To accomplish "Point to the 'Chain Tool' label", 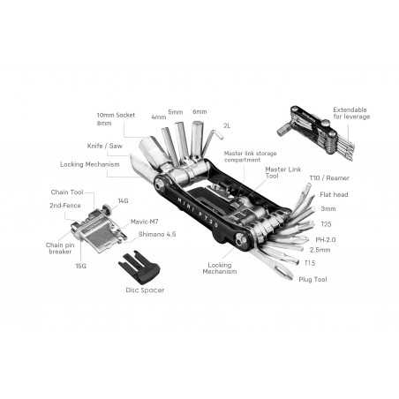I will [67, 190].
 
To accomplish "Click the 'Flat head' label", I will [333, 194].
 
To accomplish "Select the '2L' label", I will [227, 126].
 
